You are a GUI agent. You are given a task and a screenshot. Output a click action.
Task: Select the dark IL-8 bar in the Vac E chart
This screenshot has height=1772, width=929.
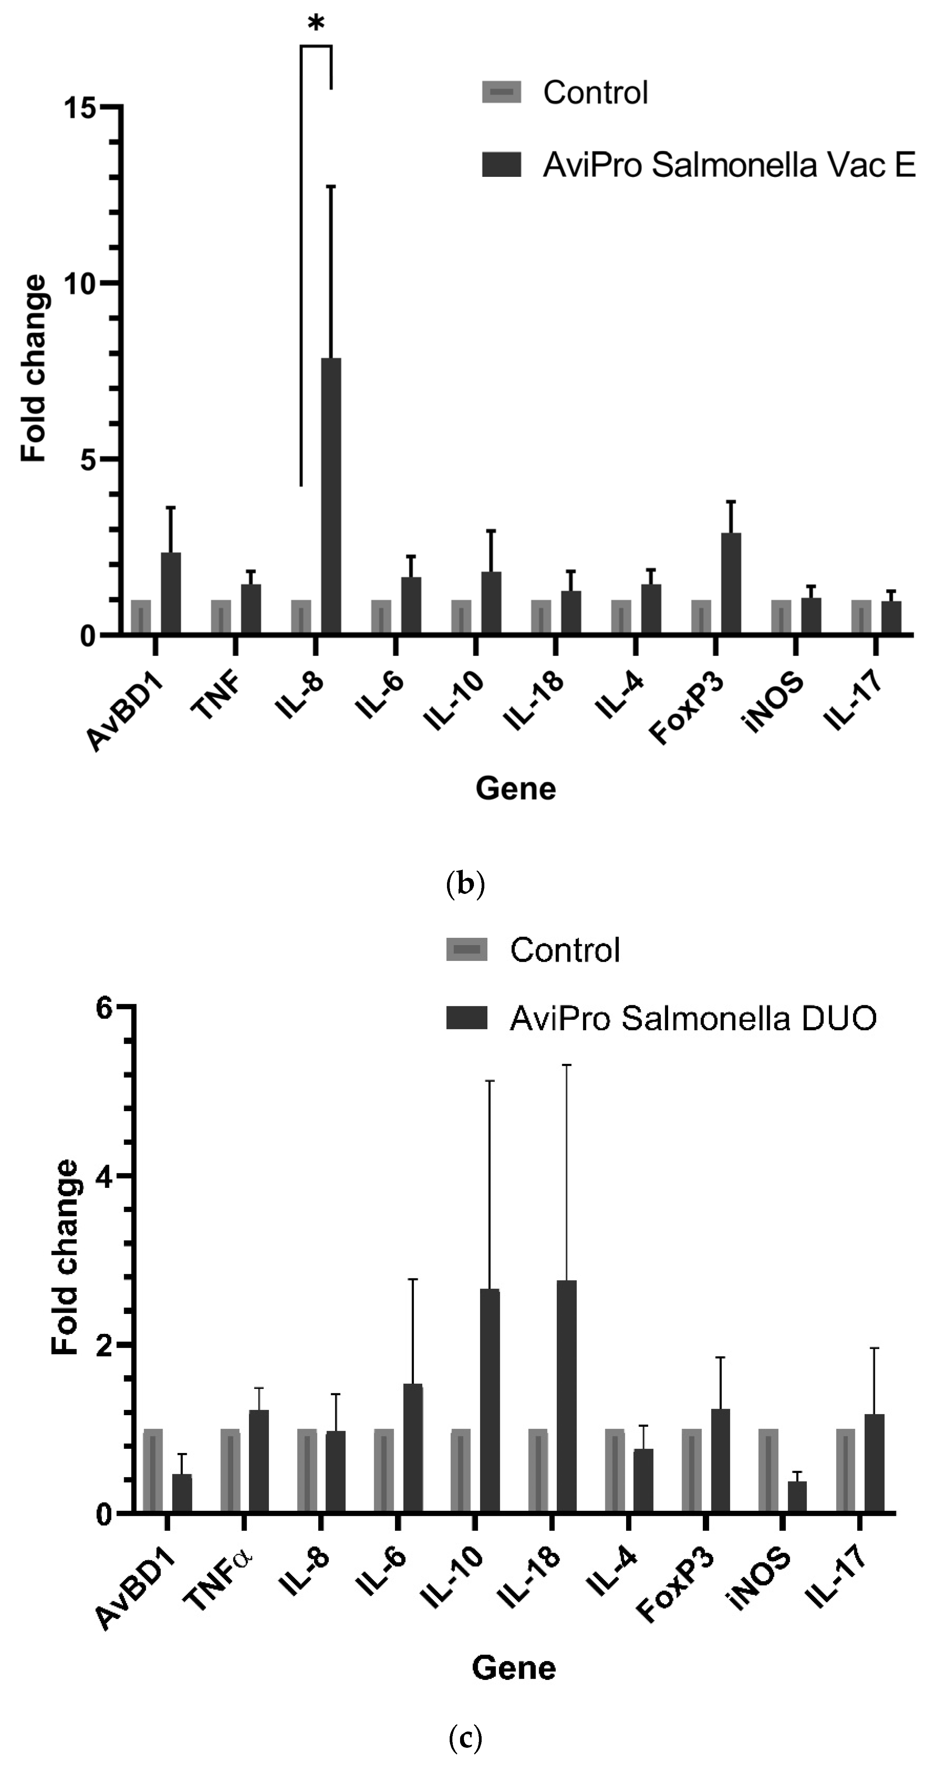pyautogui.click(x=331, y=495)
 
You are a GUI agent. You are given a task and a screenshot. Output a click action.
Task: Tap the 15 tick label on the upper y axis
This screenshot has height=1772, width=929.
pyautogui.click(x=79, y=107)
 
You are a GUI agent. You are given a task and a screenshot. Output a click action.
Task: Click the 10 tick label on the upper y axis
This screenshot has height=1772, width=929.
pyautogui.click(x=79, y=284)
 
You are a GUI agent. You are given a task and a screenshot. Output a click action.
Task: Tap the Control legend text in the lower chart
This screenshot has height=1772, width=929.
pyautogui.click(x=564, y=951)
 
